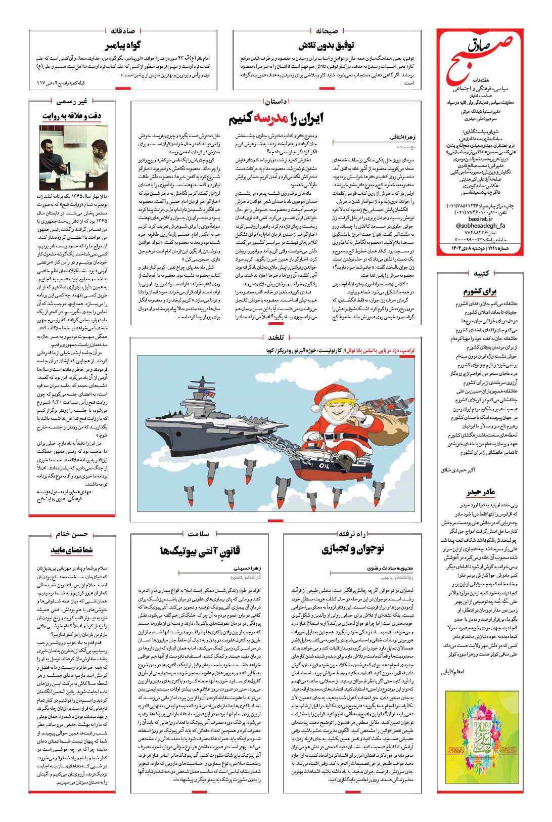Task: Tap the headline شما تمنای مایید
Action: tap(69, 550)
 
